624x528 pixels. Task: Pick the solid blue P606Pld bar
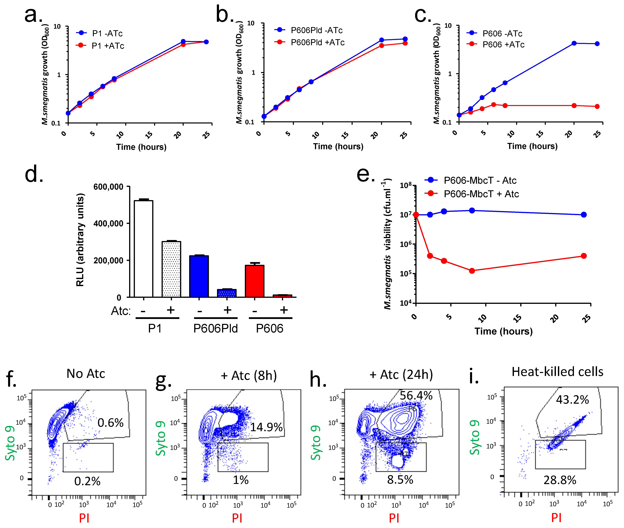[199, 276]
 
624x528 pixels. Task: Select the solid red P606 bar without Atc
[255, 281]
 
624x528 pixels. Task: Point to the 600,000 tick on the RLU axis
[108, 187]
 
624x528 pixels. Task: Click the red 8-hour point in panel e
[472, 271]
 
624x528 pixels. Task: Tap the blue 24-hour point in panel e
[584, 215]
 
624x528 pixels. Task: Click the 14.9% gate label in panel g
[266, 427]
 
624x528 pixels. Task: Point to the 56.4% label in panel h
[416, 396]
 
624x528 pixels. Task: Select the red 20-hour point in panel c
[574, 106]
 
